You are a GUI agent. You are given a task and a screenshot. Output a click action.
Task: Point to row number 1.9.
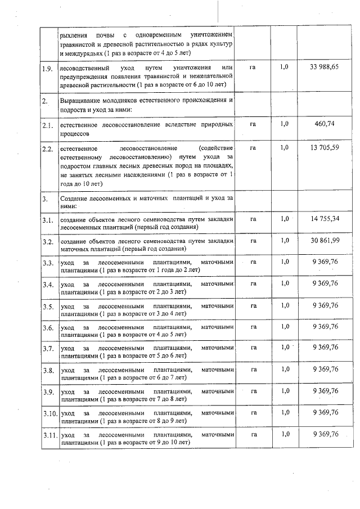click(x=48, y=70)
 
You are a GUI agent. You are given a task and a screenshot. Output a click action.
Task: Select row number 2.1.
click(x=48, y=125)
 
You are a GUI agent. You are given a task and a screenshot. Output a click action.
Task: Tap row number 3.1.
click(x=48, y=220)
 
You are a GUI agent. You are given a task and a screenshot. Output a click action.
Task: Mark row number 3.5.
click(x=48, y=307)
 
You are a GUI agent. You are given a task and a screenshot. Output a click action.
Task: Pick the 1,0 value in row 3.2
click(x=285, y=240)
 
